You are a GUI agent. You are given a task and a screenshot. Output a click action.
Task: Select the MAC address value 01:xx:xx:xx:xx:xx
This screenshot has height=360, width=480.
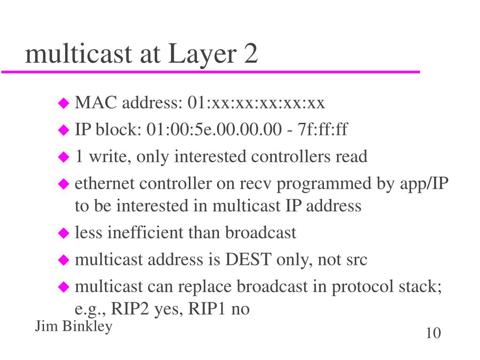point(256,103)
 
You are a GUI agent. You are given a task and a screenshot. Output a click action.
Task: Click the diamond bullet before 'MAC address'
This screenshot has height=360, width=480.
point(63,103)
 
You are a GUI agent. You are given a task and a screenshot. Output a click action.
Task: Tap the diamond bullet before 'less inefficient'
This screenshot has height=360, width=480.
point(63,233)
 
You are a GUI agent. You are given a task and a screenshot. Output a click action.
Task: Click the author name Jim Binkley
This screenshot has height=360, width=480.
point(74,327)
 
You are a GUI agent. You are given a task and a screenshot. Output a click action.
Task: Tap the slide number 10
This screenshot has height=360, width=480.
point(433,333)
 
